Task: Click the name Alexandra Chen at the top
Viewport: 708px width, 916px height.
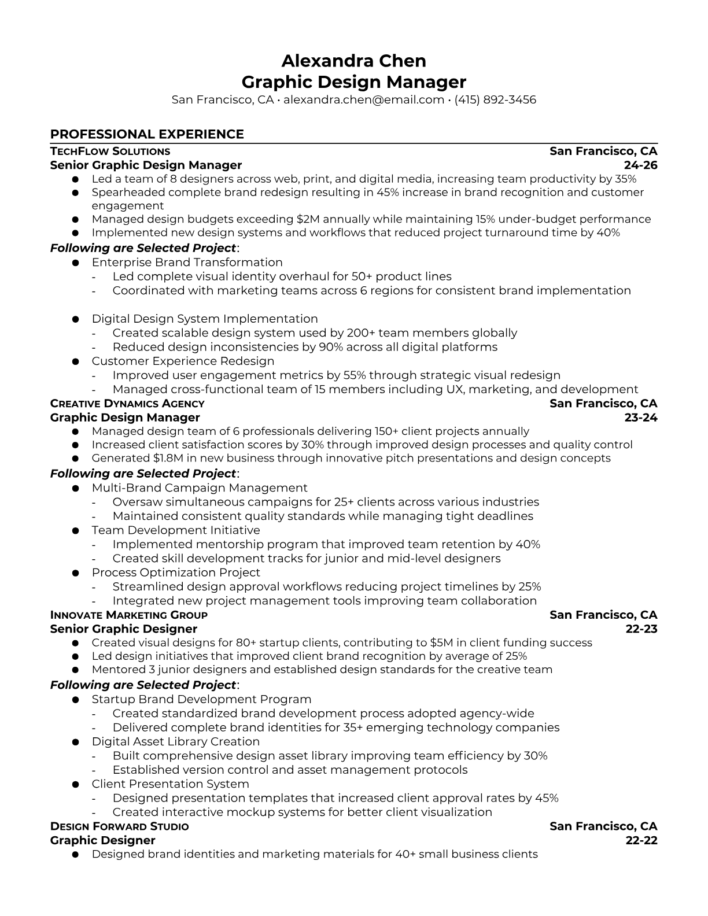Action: tap(353, 61)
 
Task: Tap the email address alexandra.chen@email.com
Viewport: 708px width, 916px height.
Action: tap(363, 99)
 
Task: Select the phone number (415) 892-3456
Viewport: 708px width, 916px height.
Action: tap(495, 99)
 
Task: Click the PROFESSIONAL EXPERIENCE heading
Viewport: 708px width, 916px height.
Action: tap(147, 134)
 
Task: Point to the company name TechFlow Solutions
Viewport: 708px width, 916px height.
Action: tap(110, 152)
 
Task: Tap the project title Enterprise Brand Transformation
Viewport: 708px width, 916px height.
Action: tap(187, 263)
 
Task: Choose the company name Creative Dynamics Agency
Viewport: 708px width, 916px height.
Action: tap(127, 404)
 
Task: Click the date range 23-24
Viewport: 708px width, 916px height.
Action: tap(641, 418)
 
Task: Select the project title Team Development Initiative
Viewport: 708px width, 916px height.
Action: tap(176, 530)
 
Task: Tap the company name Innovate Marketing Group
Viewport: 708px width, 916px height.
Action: tap(128, 615)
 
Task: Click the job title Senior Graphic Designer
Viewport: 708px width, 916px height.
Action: tap(124, 629)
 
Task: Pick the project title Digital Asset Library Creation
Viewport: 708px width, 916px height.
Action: tap(175, 742)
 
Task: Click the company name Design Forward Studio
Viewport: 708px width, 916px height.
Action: tap(119, 826)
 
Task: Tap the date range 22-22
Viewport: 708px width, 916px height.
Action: tap(641, 840)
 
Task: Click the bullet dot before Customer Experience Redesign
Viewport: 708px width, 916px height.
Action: tap(75, 362)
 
